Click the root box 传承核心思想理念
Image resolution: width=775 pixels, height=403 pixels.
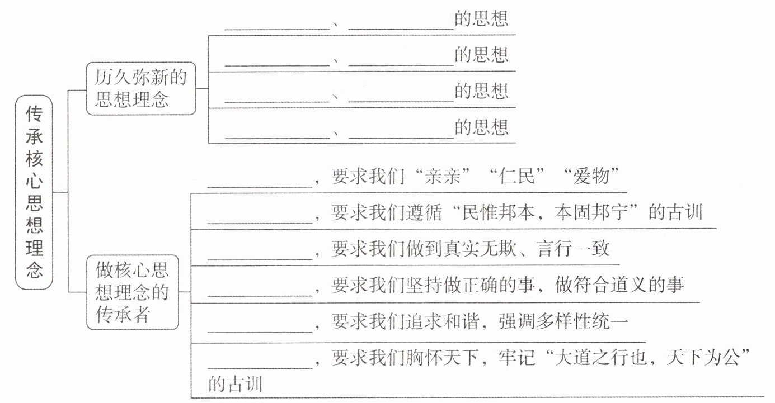(34, 192)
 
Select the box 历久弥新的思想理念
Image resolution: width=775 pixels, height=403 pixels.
(141, 88)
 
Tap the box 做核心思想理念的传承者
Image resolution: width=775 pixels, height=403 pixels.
(132, 292)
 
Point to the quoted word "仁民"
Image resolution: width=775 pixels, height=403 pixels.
(516, 176)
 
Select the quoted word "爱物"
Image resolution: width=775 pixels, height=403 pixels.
(590, 176)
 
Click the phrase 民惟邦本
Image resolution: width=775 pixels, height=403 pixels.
(498, 212)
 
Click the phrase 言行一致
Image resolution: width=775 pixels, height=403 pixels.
(572, 249)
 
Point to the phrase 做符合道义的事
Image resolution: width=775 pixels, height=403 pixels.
(619, 285)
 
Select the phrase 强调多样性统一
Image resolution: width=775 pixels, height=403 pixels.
(563, 321)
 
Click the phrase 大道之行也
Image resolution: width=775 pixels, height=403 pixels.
(600, 357)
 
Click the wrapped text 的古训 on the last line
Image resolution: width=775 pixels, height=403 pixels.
(235, 385)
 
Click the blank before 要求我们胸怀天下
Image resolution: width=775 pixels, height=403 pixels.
(260, 368)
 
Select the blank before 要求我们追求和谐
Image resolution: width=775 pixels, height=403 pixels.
(260, 332)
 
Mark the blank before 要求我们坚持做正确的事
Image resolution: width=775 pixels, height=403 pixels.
(260, 296)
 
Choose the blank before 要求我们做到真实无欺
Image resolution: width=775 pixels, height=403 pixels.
(260, 259)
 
